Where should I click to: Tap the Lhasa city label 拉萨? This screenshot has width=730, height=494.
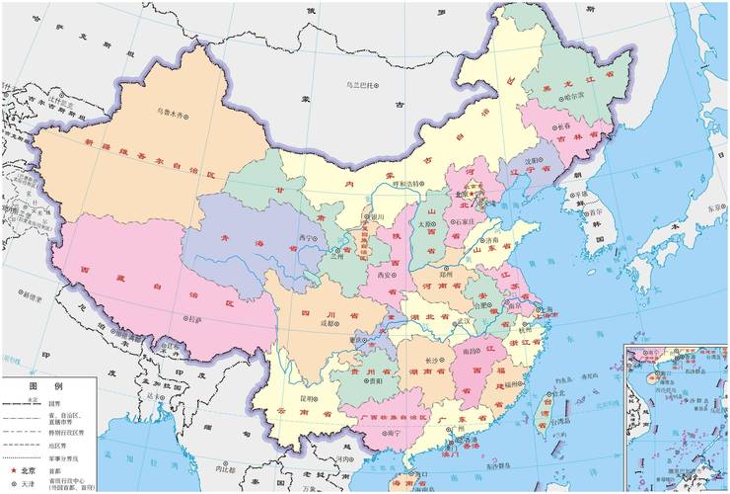click(x=194, y=319)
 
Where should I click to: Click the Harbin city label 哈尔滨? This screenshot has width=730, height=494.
click(x=567, y=95)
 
